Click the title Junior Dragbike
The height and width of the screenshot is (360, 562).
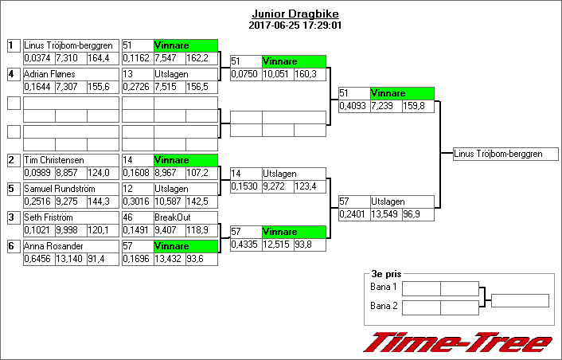pos(295,14)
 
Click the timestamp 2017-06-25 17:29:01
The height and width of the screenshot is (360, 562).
pos(295,25)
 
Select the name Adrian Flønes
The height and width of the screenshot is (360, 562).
pos(49,74)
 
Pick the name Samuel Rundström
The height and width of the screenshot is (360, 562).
pos(60,189)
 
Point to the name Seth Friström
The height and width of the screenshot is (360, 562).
pos(49,217)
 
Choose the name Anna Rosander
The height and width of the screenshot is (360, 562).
pos(53,246)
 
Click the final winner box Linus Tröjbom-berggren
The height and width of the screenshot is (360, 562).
pos(505,154)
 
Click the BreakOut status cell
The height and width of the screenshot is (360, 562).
pos(185,217)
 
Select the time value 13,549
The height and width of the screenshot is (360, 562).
pos(384,214)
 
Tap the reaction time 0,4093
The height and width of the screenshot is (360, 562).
pos(353,106)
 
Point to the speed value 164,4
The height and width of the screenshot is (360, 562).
pos(99,58)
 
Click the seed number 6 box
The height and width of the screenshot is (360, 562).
pos(14,246)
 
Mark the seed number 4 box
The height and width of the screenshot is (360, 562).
pos(14,74)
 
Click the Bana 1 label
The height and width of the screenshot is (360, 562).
pos(383,287)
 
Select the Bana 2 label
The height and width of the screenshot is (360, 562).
pos(384,306)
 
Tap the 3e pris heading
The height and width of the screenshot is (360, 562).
pos(386,274)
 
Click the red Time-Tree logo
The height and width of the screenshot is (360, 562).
pos(458,342)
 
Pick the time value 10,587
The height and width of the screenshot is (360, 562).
pos(169,202)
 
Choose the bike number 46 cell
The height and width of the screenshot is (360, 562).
pos(138,217)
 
